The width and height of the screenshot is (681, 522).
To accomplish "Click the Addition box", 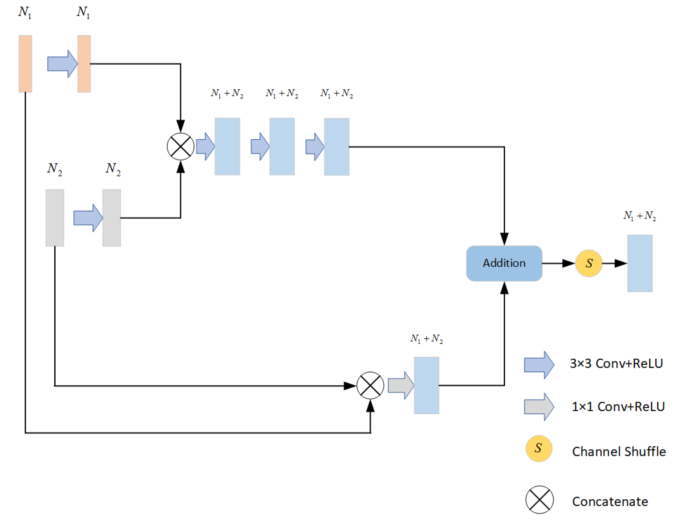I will [x=504, y=263].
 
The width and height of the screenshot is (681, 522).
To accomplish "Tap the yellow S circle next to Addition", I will [x=588, y=263].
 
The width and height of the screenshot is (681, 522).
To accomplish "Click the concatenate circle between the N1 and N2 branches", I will [x=181, y=146].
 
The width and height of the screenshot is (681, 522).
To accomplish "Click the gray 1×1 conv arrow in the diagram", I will [x=400, y=385].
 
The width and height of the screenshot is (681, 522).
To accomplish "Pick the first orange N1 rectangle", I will [x=25, y=64].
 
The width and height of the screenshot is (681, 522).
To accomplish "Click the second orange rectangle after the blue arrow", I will [x=84, y=64].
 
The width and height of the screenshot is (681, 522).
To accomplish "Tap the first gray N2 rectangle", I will [x=55, y=218].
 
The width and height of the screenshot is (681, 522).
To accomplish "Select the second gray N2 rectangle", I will [x=111, y=218].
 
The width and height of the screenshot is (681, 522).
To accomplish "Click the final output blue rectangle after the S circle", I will [x=639, y=263].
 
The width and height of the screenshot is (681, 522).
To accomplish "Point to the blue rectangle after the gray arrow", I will [x=426, y=385].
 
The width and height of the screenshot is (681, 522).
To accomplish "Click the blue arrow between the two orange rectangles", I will [x=62, y=64].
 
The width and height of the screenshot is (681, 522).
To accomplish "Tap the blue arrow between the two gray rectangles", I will [x=88, y=218].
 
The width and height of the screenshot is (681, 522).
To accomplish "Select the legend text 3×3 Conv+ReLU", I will [x=616, y=363].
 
